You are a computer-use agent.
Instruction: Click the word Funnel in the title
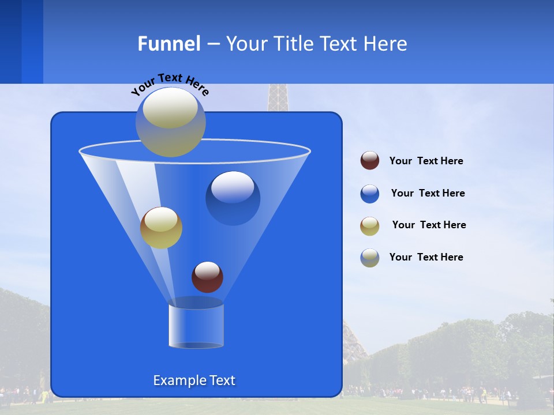click(x=169, y=44)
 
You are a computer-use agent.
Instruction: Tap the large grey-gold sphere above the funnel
click(x=171, y=122)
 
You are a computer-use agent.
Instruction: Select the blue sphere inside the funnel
click(x=233, y=198)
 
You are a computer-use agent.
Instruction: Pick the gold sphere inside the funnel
click(x=161, y=228)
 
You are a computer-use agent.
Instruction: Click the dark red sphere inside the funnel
click(x=207, y=277)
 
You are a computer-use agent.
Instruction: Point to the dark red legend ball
click(x=370, y=161)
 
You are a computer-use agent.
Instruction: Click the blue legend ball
click(x=370, y=194)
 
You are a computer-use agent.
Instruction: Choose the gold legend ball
click(x=370, y=225)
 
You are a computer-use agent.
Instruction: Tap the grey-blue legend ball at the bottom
click(x=370, y=258)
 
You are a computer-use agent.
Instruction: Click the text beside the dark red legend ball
click(x=426, y=161)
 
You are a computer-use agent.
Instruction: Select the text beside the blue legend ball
click(x=428, y=194)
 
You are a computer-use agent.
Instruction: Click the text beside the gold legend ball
click(x=429, y=225)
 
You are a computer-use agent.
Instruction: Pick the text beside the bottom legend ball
click(x=426, y=258)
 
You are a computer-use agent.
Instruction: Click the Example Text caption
click(x=194, y=380)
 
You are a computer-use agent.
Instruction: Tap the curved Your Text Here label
click(x=170, y=84)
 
